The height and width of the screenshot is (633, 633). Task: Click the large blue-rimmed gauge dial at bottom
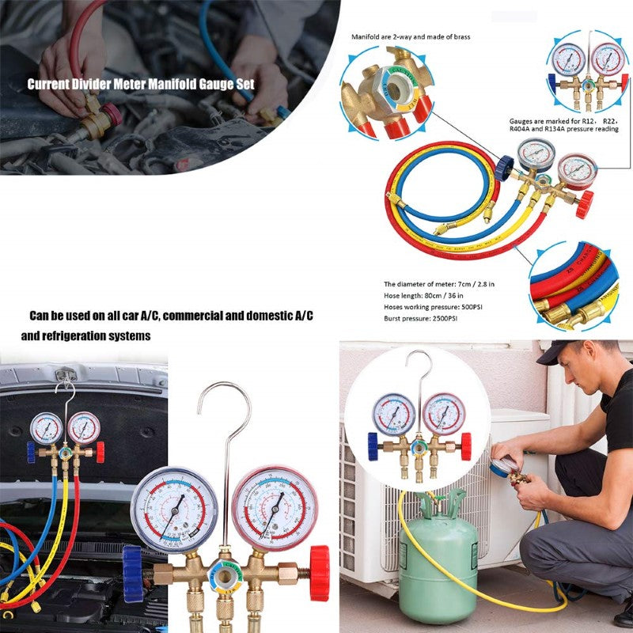[x=174, y=509]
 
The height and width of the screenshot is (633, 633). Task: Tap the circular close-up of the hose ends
[x=572, y=286]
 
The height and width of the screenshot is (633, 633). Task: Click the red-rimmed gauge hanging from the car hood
[x=83, y=427]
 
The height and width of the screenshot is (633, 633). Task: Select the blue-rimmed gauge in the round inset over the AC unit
[x=393, y=414]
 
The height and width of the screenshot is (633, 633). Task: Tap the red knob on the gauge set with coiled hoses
[x=584, y=204]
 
